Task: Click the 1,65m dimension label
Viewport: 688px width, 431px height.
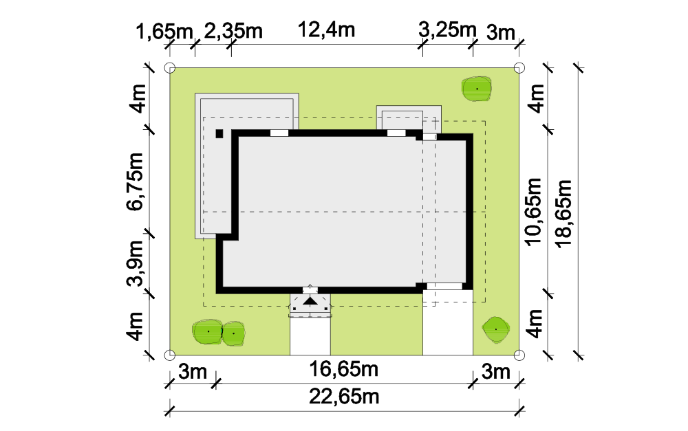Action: (164, 32)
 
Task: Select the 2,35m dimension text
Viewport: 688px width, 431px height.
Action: (233, 31)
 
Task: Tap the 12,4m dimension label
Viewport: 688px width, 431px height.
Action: (326, 30)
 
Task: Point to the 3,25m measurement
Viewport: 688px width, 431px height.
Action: (447, 30)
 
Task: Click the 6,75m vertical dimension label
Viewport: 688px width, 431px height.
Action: (135, 181)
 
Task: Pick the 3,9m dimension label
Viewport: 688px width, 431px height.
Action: (135, 263)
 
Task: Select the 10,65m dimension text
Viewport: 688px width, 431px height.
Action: (534, 212)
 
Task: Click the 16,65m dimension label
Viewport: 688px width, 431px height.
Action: (343, 369)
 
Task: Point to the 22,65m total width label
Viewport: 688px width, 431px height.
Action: (344, 397)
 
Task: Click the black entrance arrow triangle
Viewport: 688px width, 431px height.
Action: (310, 301)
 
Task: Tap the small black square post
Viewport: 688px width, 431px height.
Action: (219, 134)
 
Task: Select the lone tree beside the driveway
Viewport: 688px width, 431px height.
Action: (496, 329)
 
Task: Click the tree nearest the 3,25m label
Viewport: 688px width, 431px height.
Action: (477, 89)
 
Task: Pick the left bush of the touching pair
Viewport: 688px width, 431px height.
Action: (208, 331)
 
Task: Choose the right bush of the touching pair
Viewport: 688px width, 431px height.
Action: (233, 334)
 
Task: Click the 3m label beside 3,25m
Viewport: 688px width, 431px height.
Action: (501, 32)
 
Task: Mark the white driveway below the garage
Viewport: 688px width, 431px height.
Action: (448, 322)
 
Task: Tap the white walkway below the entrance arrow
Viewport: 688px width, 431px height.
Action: (310, 336)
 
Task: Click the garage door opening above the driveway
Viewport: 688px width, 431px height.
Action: (444, 287)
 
